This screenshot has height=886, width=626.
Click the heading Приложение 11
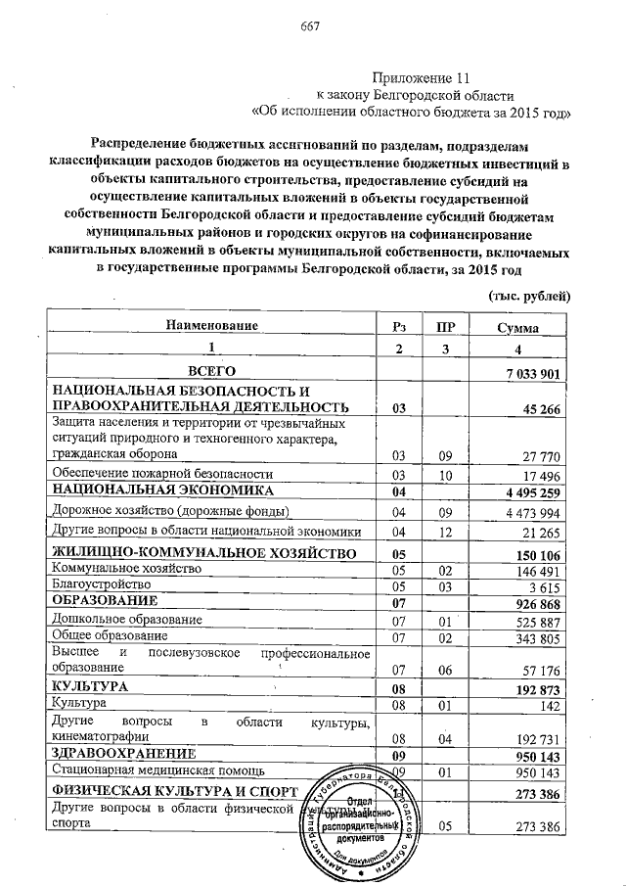(x=416, y=77)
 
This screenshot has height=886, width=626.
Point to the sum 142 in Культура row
(x=549, y=705)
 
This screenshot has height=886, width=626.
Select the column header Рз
(x=397, y=326)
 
